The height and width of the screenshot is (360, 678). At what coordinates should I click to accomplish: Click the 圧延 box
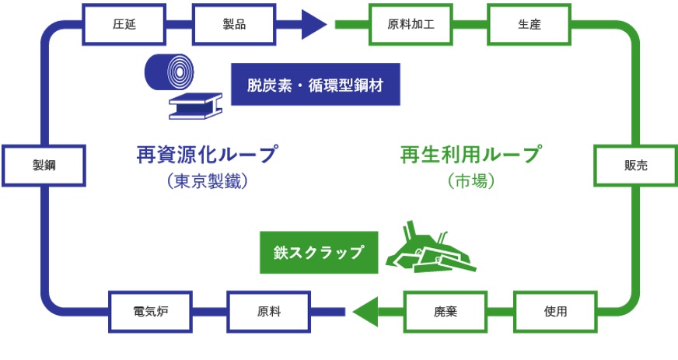[x=124, y=23]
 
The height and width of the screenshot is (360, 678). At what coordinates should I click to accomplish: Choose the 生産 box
[x=529, y=23]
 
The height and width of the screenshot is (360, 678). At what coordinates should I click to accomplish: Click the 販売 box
[x=635, y=165]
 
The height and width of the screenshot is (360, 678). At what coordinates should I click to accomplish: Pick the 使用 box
[x=555, y=311]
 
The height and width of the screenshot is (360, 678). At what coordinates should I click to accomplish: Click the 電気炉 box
[x=151, y=311]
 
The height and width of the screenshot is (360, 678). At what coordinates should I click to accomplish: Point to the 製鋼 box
[x=44, y=165]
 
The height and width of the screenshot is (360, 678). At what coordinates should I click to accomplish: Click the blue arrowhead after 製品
[x=313, y=23]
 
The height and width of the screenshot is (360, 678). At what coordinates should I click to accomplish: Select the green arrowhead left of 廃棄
[x=366, y=311]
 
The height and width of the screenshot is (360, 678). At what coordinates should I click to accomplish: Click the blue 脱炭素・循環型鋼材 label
[x=315, y=84]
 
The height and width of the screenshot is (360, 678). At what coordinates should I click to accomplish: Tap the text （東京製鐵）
[x=206, y=183]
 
